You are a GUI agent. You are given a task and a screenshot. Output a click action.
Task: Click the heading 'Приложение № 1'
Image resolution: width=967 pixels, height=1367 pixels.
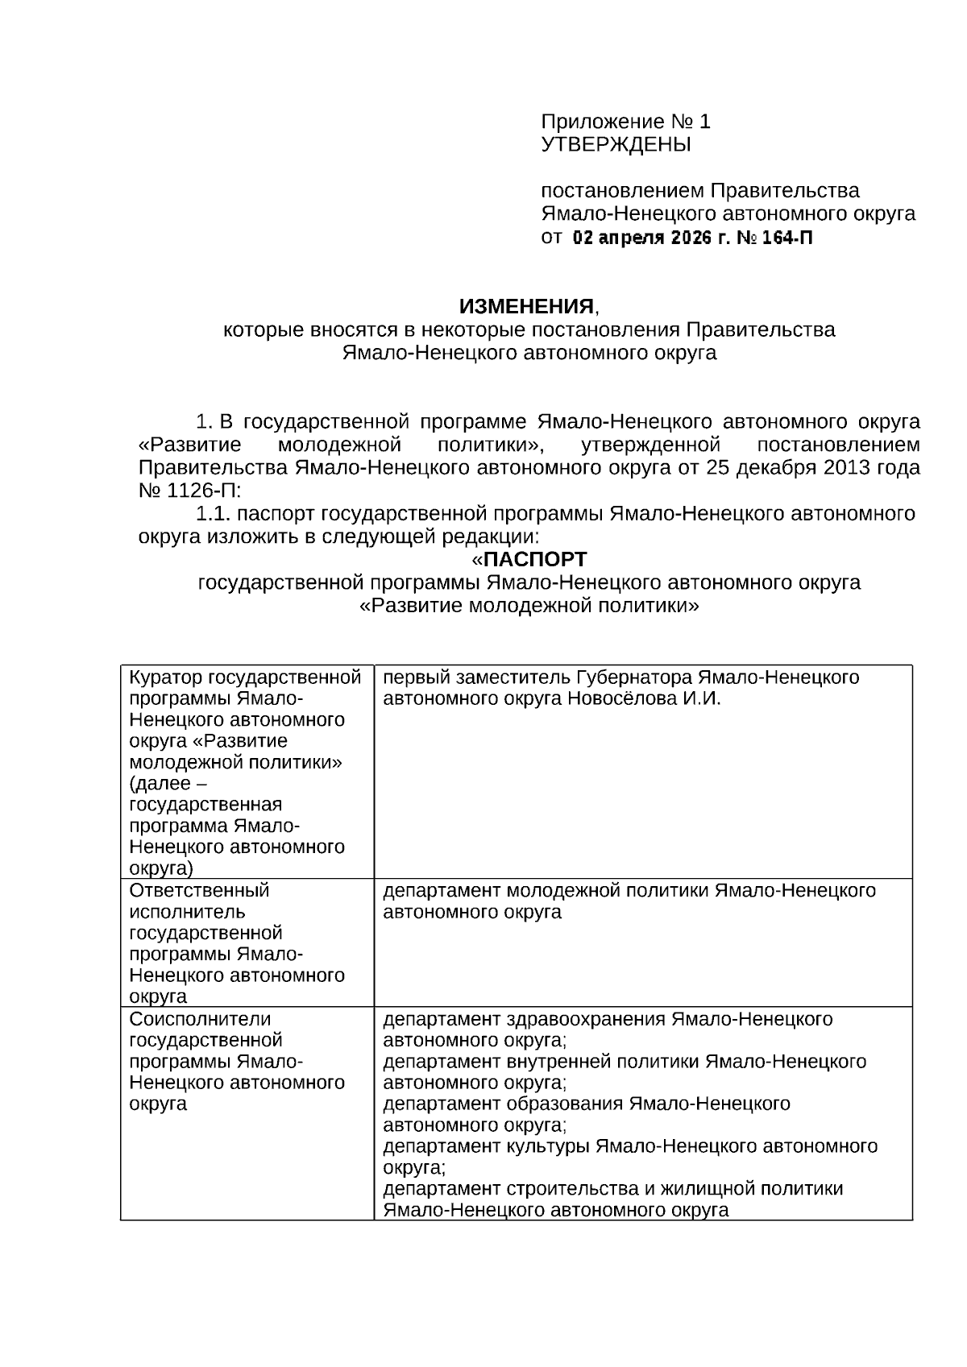coord(625,122)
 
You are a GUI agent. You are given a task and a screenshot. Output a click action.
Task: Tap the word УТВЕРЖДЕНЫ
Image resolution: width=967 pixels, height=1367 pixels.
coord(616,145)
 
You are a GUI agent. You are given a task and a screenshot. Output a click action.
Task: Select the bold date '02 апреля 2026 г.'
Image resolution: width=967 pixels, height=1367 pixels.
coord(641,238)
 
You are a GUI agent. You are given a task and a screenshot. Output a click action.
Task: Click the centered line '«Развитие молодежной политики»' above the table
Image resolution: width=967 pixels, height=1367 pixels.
coord(529,605)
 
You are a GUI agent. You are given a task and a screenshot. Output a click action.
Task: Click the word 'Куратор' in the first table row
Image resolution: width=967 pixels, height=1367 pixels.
coord(165,677)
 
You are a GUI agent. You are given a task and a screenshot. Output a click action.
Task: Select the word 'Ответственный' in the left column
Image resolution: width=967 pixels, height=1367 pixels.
coord(199,890)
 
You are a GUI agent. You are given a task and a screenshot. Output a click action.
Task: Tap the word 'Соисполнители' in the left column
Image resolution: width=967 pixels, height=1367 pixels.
coord(200,1019)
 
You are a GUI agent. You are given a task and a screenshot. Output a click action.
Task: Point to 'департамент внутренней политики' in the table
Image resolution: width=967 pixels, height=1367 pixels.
coord(540,1062)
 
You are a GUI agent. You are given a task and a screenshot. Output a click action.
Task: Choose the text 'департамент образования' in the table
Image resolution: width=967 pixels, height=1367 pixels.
coord(503,1104)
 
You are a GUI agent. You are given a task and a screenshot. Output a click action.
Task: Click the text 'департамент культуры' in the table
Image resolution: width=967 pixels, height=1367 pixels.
coord(486,1145)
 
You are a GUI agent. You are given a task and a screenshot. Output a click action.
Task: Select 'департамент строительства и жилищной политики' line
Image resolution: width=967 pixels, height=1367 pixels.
coord(612,1188)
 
